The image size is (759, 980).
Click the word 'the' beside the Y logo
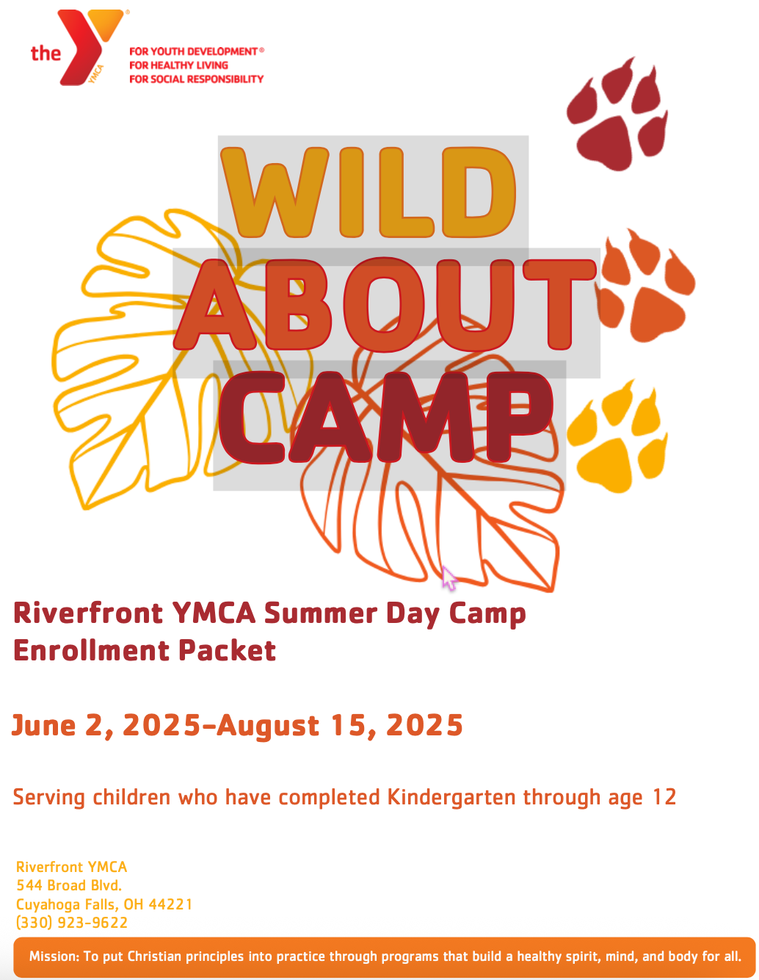46,53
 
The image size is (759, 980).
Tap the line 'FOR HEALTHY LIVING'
178,65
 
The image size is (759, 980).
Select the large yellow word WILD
368,192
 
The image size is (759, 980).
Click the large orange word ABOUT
385,305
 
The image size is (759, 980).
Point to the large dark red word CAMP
386,417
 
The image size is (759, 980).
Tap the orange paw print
645,286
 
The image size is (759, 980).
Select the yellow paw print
617,436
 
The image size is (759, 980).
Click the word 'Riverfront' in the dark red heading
88,613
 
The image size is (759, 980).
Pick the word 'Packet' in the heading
227,651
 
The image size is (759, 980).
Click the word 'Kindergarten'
451,797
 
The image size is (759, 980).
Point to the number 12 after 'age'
664,797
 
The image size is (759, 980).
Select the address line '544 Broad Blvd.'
69,885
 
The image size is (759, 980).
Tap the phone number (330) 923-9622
72,923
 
